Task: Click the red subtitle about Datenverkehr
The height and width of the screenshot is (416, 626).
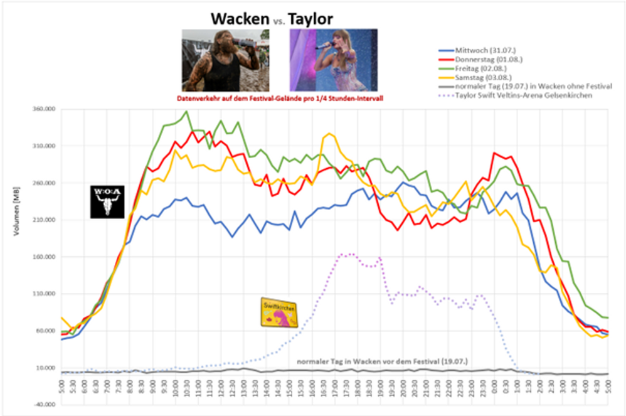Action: [x=280, y=99]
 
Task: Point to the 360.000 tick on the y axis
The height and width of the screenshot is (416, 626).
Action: [x=46, y=109]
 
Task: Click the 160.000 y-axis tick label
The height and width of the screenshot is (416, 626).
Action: [x=46, y=257]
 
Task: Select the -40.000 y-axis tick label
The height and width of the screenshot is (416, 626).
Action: [x=46, y=405]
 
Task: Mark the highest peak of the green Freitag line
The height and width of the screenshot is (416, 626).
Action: [x=186, y=112]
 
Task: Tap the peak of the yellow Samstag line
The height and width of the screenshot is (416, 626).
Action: [x=329, y=134]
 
